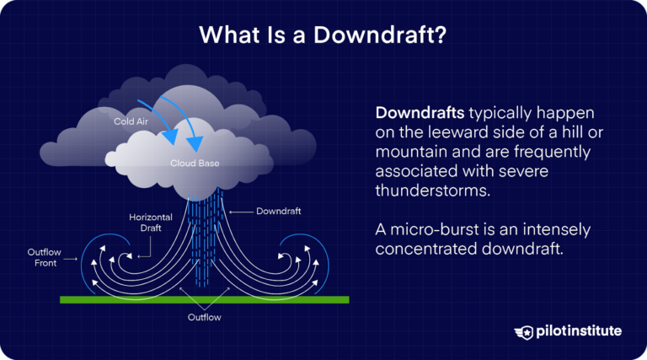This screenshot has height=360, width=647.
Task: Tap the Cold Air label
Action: pyautogui.click(x=132, y=121)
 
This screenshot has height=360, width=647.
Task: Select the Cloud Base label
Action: pyautogui.click(x=195, y=163)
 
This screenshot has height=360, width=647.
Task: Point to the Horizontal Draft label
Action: pyautogui.click(x=151, y=223)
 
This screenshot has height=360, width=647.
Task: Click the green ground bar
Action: pyautogui.click(x=204, y=298)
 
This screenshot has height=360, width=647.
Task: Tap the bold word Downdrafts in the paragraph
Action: pyautogui.click(x=420, y=112)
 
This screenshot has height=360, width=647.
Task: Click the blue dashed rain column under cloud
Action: pyautogui.click(x=202, y=244)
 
